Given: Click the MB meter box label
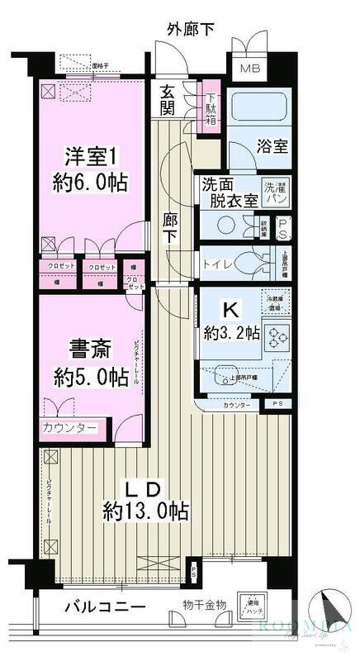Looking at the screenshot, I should tap(249, 68).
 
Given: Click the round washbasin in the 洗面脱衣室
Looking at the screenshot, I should tap(225, 224).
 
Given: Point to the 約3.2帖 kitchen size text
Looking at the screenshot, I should tap(233, 334).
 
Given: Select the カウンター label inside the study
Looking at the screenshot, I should tap(69, 428).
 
